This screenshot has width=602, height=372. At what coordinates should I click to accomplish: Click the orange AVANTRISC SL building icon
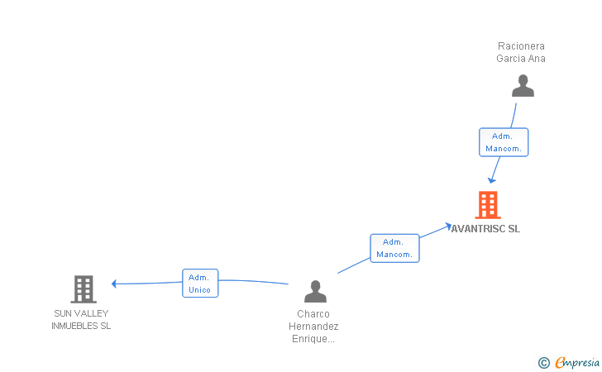[x=488, y=204]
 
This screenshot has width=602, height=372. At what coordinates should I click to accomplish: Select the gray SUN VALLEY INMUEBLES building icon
[x=83, y=289]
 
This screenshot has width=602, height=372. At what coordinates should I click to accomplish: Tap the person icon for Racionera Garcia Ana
[x=523, y=86]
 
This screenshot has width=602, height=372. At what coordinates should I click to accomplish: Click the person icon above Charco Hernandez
[x=315, y=291]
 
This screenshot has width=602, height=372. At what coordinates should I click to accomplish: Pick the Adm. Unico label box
[x=199, y=284]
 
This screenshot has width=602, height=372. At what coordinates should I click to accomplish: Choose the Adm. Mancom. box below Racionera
[x=504, y=142]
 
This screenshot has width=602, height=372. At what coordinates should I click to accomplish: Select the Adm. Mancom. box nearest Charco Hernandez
[x=394, y=248]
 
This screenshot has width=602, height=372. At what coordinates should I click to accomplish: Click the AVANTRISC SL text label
[x=486, y=229]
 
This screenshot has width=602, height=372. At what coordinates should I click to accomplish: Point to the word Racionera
[x=521, y=46]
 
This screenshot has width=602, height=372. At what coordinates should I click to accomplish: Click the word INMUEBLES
[x=74, y=326]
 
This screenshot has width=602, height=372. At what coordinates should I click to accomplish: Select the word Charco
[x=313, y=314]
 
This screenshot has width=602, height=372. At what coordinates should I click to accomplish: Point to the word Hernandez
[x=313, y=327]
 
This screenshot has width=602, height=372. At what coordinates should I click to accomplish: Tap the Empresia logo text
[x=577, y=362]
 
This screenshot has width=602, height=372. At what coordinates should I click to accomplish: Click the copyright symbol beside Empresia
[x=543, y=362]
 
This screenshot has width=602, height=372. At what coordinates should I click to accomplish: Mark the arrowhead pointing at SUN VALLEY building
[x=115, y=284]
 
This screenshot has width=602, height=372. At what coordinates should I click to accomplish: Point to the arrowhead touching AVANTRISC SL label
[x=447, y=225]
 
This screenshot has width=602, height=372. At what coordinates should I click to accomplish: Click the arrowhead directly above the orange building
[x=491, y=179]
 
